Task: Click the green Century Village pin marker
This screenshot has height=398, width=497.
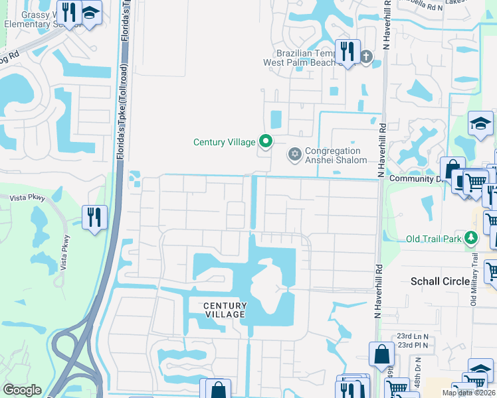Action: point(266,141)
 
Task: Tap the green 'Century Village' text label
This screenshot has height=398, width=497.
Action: point(225,142)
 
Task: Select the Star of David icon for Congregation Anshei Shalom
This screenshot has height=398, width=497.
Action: point(294,154)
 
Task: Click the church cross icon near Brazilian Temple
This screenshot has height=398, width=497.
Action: point(367,56)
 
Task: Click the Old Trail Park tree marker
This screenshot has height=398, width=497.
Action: point(471,237)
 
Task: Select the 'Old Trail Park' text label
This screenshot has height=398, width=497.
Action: point(435,238)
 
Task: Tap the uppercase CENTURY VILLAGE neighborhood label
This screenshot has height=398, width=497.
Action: point(225,310)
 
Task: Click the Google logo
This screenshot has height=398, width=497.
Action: point(22,390)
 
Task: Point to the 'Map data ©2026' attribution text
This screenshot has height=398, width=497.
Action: point(468,393)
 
